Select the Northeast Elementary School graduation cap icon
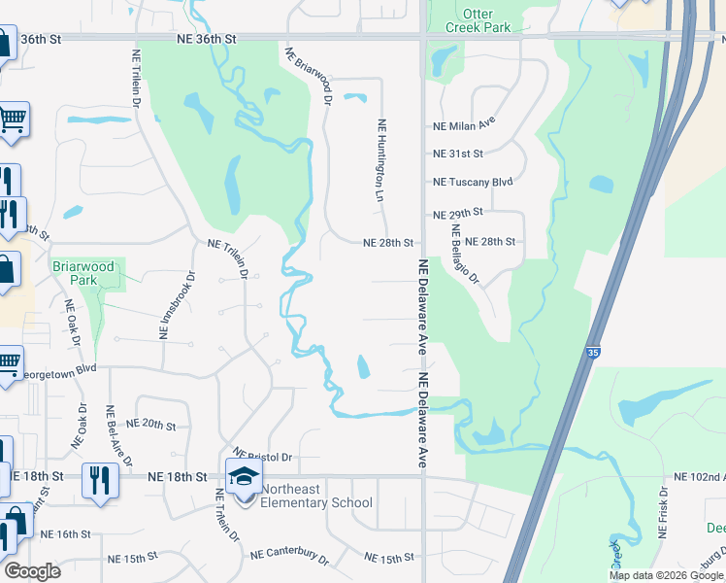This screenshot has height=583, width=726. (x=245, y=477)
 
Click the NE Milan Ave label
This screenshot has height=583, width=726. (x=463, y=125)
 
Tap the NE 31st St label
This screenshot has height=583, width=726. (x=457, y=154)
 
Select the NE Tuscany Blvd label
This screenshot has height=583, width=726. (x=472, y=182)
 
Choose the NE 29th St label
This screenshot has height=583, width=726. (x=457, y=213)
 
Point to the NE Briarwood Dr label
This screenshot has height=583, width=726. (x=310, y=75)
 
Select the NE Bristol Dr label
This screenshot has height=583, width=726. (x=263, y=456)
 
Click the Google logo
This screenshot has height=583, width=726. (x=31, y=571)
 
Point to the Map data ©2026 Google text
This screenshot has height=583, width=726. (x=666, y=575)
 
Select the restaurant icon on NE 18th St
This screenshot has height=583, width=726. (x=101, y=479)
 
